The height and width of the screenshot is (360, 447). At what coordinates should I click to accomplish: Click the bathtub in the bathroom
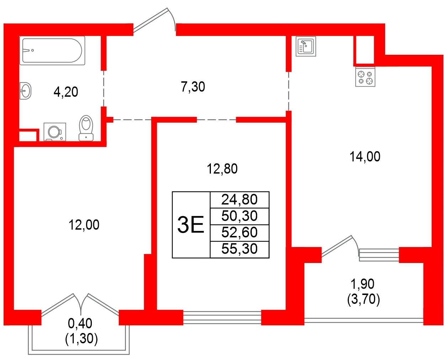(x=52, y=50)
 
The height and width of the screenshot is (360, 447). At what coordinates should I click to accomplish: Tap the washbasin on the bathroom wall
(x=25, y=91)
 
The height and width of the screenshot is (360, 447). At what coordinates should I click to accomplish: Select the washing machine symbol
(x=55, y=131)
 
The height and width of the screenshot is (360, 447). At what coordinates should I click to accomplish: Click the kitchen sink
(x=306, y=47)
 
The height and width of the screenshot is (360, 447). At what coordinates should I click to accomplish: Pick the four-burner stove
(x=365, y=77)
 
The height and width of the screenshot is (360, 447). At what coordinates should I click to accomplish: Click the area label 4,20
(x=66, y=92)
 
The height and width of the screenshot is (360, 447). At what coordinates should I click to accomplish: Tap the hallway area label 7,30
(x=193, y=87)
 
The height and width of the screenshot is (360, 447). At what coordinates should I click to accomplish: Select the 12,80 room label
(x=222, y=169)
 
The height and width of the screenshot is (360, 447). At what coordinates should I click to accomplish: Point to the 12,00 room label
(x=84, y=225)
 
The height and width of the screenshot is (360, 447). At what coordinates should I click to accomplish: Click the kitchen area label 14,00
(x=365, y=157)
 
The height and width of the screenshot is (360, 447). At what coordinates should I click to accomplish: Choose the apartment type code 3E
(x=191, y=225)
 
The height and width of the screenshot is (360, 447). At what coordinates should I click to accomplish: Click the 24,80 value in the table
(x=239, y=200)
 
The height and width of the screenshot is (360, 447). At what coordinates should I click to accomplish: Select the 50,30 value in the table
(x=239, y=216)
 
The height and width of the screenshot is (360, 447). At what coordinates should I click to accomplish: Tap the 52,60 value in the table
(x=239, y=232)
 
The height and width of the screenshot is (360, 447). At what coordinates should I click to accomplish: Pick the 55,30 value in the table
(x=239, y=249)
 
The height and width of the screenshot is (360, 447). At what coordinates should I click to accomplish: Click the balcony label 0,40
(x=80, y=323)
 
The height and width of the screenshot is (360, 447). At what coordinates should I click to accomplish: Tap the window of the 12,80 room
(x=222, y=317)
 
